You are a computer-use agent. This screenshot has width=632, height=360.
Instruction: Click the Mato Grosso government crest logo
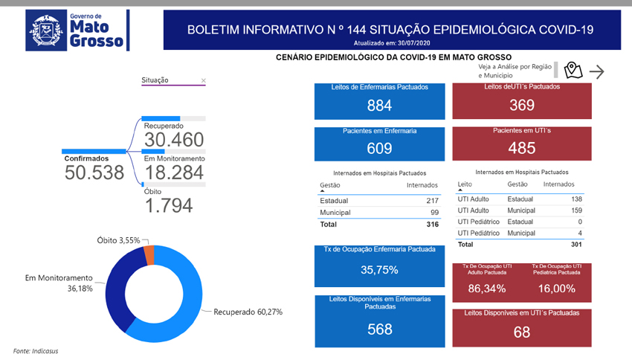point(46,30)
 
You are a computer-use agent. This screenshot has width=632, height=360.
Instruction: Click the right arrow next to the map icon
point(596,71)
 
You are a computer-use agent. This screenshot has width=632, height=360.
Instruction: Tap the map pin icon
point(572,71)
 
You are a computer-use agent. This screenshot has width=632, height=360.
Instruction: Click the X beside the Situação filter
point(204,80)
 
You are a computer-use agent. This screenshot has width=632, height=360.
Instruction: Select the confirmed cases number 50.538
point(94,173)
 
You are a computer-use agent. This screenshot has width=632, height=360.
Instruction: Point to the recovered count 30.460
point(173,141)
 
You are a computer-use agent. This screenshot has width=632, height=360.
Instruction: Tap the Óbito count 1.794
point(168,205)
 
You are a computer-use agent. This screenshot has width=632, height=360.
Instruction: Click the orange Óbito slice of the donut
point(149,254)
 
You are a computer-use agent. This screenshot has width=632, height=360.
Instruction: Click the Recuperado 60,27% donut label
point(248,312)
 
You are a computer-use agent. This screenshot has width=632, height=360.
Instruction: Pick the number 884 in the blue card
point(379,106)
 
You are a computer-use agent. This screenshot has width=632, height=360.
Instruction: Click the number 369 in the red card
point(521,105)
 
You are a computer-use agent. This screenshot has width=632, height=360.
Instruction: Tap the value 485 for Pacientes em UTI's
point(521,148)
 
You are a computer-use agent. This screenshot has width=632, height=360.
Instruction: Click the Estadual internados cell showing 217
point(432,201)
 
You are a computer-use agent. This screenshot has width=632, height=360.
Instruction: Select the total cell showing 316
point(432,225)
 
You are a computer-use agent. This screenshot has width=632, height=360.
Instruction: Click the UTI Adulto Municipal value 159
point(575,210)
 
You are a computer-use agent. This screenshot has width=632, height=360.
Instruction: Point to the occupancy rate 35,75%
point(379,270)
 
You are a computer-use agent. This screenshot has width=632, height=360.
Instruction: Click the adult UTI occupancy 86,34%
point(487,289)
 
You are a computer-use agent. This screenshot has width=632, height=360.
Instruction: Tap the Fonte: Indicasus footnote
point(36,350)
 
